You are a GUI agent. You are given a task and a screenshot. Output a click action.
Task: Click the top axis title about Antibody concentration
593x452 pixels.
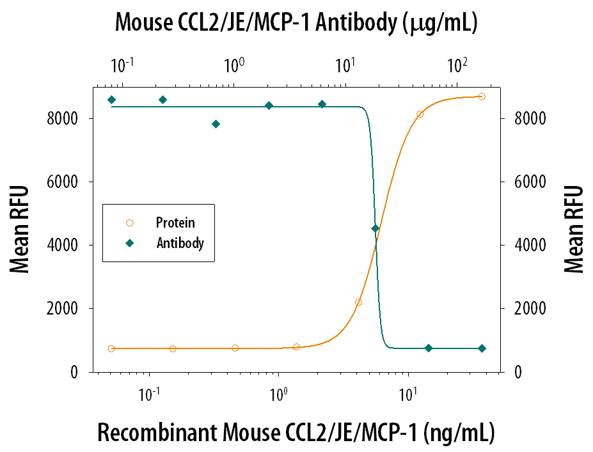coord(296,23)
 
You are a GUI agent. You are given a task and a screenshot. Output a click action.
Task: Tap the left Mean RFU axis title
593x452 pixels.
coord(20,230)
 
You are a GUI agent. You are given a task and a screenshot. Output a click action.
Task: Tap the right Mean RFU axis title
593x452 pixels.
coord(574,230)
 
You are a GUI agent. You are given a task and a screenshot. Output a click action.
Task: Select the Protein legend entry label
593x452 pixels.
coord(175,223)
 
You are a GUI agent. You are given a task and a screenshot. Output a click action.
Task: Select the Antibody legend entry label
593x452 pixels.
coord(180,244)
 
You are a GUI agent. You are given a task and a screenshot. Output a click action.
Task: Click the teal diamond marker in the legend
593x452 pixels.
coord(130,244)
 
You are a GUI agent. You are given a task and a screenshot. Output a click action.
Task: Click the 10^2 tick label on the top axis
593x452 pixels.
coord(456,65)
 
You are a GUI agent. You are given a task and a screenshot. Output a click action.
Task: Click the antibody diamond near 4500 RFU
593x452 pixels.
coord(376,228)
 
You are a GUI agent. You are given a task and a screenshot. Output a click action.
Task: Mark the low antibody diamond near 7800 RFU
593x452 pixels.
coord(216,124)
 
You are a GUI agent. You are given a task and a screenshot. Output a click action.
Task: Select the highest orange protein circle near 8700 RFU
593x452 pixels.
coord(482,97)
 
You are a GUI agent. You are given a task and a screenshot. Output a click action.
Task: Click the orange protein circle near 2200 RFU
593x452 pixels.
coord(358,302)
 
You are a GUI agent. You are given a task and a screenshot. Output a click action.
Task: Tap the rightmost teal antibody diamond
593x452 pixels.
coord(482,348)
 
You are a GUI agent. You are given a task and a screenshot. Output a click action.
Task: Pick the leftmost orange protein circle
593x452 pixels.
coord(112,348)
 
